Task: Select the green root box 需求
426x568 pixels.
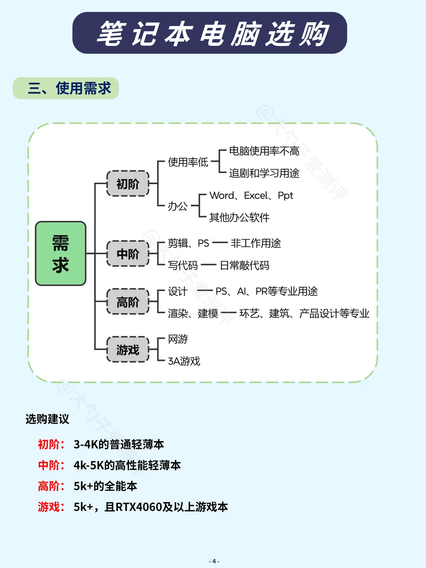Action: [61, 253]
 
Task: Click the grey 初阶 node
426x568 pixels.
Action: [128, 183]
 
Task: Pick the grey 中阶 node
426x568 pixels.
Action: [128, 254]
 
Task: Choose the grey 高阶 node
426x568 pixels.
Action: [128, 302]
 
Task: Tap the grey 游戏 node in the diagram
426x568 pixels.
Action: [128, 349]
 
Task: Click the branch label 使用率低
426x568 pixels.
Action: [188, 162]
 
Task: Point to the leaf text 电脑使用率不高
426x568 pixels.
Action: [264, 151]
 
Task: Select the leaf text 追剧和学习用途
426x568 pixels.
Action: [264, 173]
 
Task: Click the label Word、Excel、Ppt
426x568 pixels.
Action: [251, 196]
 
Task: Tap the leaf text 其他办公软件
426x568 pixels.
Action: [239, 217]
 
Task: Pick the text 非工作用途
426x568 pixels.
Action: [256, 243]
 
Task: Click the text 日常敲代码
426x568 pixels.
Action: [245, 265]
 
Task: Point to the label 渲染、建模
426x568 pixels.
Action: [193, 313]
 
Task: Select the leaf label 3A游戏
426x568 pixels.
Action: [184, 361]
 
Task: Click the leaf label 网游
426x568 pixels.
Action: [178, 339]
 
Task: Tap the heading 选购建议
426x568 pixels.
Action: [47, 419]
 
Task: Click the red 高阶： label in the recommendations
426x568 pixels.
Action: [51, 486]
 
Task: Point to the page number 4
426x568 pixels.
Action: [214, 561]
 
